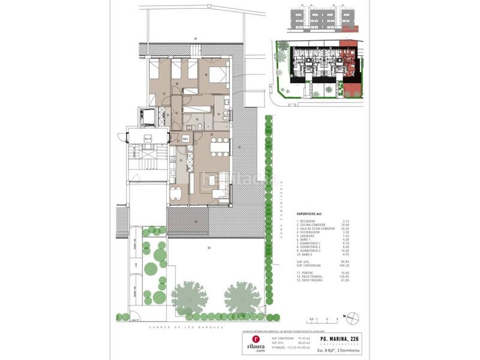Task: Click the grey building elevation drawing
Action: (324, 20)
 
